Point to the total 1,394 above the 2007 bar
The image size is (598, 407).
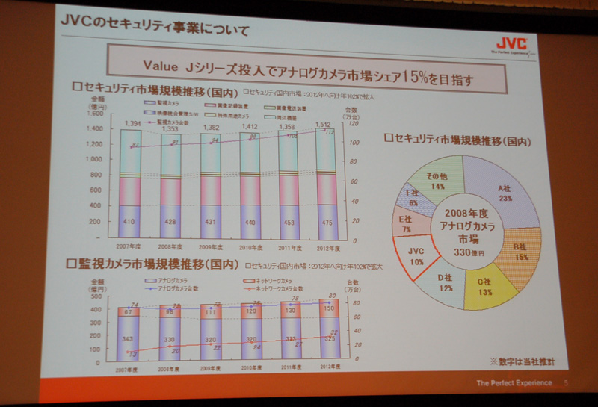pyautogui.click(x=133, y=122)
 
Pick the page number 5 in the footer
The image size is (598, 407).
pyautogui.click(x=566, y=383)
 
